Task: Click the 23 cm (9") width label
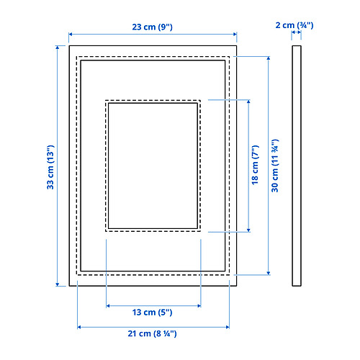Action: tap(152, 26)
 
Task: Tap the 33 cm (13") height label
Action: tap(49, 164)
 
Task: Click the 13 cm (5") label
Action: tap(153, 313)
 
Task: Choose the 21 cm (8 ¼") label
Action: tap(153, 334)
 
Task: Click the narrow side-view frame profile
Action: tap(296, 166)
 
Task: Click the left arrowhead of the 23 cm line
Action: tap(71, 34)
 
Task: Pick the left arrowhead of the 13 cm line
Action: tap(109, 306)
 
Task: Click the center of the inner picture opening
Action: tap(153, 165)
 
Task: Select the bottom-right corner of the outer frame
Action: tap(236, 287)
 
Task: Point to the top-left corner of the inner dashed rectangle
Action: tap(105, 99)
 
